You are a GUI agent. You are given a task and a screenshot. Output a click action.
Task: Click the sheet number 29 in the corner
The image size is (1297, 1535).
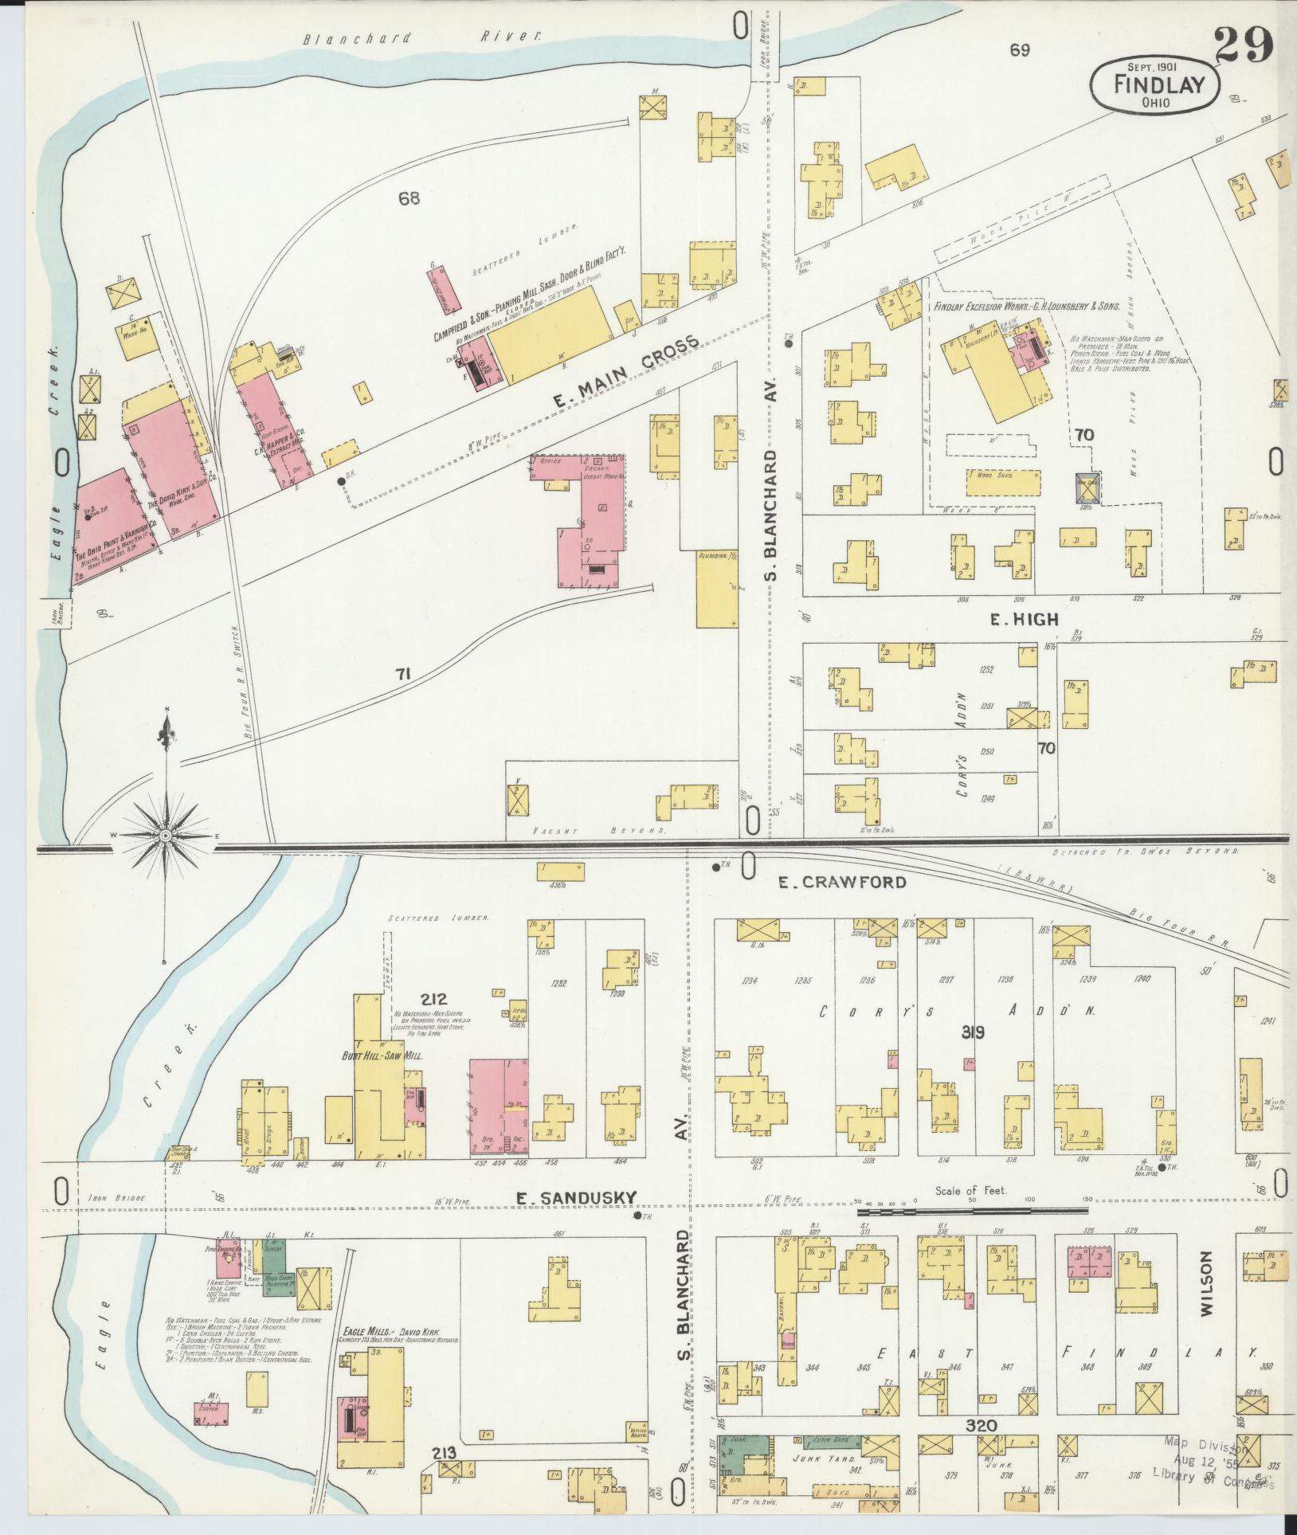(x=1244, y=45)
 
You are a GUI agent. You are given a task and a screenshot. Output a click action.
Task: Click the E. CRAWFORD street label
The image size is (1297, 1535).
(x=842, y=882)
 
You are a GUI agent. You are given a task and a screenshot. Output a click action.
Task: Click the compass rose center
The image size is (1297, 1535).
(x=165, y=836)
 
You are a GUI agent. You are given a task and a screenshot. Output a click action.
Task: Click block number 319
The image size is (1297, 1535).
(x=973, y=1032)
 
